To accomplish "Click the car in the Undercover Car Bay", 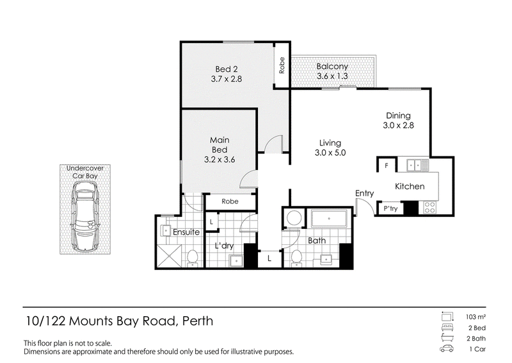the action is click(85, 217).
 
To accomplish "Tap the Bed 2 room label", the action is click(227, 69).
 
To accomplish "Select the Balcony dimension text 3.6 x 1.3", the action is click(332, 76).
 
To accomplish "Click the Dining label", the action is click(398, 115).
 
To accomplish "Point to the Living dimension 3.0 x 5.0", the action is click(330, 153).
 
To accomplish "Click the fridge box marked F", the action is click(387, 165).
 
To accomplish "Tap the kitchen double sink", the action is click(418, 165).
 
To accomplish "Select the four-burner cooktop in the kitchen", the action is click(429, 207).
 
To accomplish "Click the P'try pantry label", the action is click(390, 208).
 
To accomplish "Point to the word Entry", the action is click(364, 194).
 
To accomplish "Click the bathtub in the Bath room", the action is click(329, 219).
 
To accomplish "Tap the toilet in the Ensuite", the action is click(192, 258).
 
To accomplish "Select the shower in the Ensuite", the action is click(169, 256).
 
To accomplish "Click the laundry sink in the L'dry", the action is click(236, 260).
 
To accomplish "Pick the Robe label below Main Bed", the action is click(230, 201).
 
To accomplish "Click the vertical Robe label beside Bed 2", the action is click(282, 65).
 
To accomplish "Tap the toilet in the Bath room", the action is click(296, 257).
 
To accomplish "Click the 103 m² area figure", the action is click(476, 317).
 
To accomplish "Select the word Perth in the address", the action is click(198, 321).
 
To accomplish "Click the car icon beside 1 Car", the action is click(447, 349).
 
